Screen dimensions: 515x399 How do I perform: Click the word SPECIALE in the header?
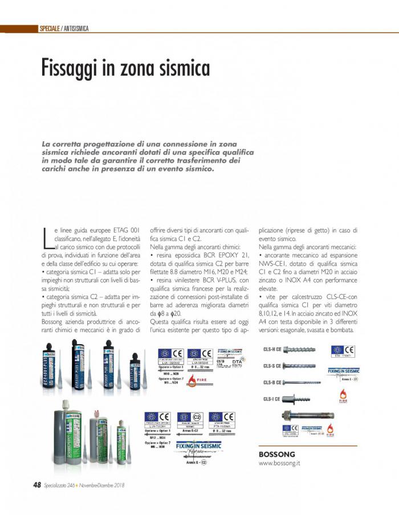point(50,28)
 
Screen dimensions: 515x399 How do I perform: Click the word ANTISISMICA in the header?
point(76,28)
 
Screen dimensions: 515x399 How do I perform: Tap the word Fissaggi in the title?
point(67,69)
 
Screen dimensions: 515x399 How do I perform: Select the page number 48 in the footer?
point(36,485)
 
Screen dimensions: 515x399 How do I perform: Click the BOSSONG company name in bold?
point(276,454)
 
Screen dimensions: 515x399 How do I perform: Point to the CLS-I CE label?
point(271,399)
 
